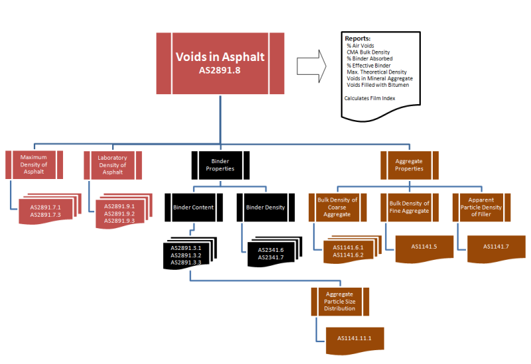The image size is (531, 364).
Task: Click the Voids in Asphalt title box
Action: tap(219, 62)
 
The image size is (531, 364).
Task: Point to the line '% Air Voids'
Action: tap(358, 46)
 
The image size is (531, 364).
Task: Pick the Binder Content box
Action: tap(193, 207)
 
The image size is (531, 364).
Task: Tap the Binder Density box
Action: tap(265, 207)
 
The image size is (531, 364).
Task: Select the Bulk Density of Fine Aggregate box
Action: tap(409, 207)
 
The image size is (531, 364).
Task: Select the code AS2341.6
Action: tap(270, 250)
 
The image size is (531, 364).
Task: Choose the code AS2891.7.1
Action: tap(46, 208)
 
